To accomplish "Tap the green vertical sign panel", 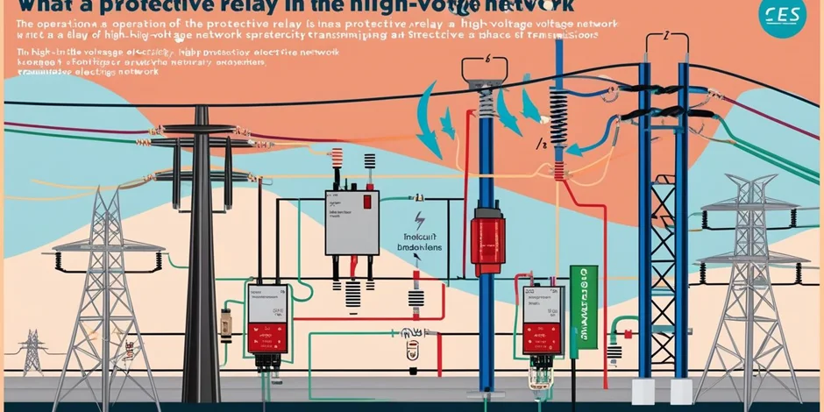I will [x=578, y=311].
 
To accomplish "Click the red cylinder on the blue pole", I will [x=487, y=239].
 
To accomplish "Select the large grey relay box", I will [x=352, y=224].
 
